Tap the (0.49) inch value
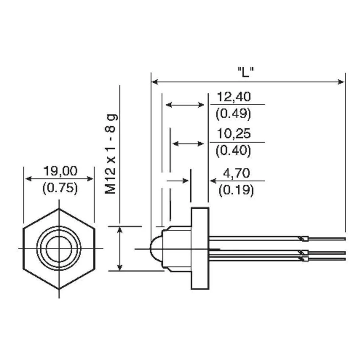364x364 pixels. click(233, 114)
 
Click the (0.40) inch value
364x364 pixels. click(233, 151)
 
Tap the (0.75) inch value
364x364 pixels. click(60, 187)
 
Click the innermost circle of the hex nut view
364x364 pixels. click(59, 249)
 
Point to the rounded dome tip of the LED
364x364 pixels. click(155, 249)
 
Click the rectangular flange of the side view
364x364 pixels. click(200, 249)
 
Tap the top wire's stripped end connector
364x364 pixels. click(304, 239)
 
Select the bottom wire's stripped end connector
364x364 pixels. click(304, 258)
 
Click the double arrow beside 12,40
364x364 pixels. click(185, 105)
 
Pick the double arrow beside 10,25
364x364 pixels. click(188, 143)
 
